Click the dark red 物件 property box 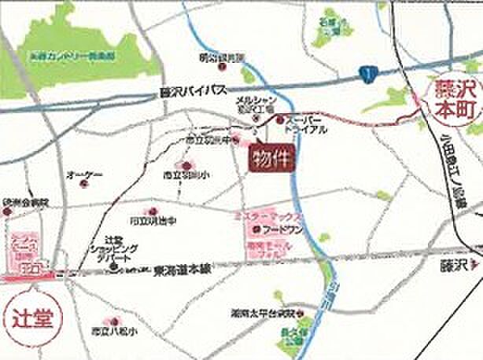coord(269,160)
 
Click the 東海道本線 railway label coord(183,268)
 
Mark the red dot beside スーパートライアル coord(280,119)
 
